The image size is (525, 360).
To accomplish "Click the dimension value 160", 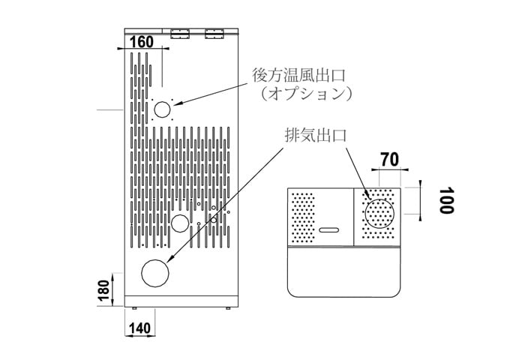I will [142, 42].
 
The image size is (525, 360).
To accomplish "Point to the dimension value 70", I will [388, 160].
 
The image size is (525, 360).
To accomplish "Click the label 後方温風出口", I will [298, 75].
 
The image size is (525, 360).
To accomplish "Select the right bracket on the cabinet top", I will [214, 33].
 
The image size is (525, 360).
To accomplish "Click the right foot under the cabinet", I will [227, 307].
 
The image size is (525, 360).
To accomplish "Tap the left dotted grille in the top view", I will [302, 218].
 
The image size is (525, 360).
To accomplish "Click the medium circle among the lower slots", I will [180, 223].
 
